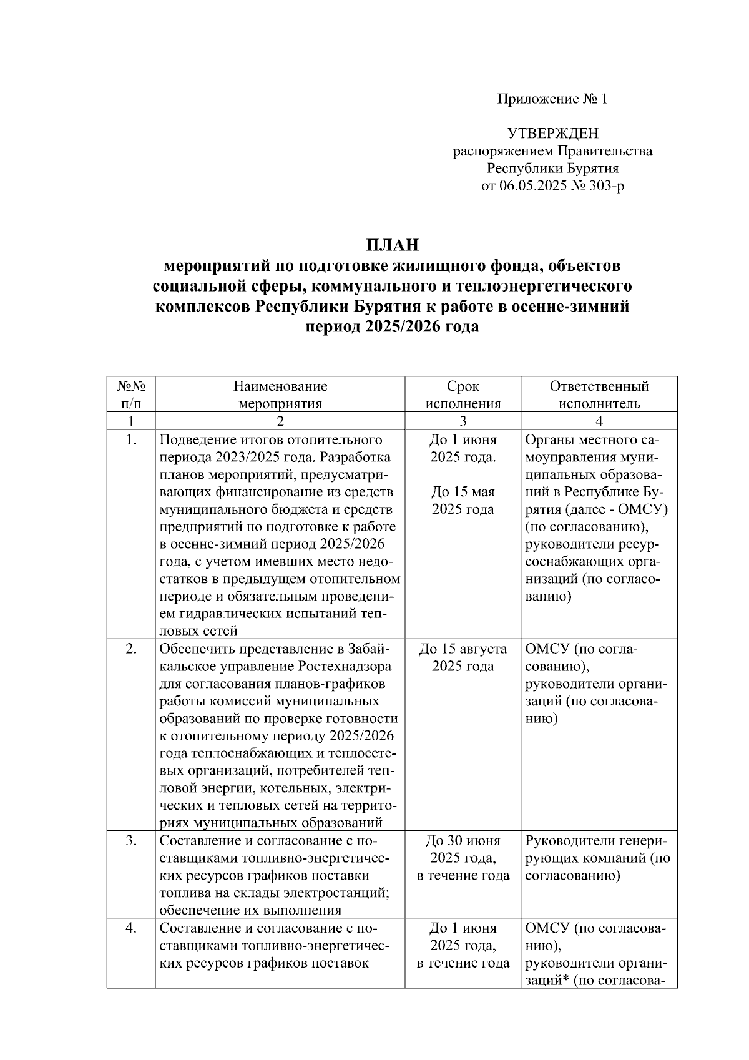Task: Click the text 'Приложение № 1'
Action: [552, 99]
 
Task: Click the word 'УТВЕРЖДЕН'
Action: [552, 134]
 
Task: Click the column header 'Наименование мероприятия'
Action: [280, 395]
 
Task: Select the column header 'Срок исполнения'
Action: [463, 395]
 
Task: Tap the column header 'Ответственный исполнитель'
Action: [599, 395]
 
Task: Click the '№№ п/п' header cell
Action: [131, 395]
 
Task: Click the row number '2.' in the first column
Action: [131, 649]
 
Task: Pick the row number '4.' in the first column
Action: [131, 928]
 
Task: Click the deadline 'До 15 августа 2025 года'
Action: [463, 657]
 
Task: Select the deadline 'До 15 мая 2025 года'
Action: [463, 501]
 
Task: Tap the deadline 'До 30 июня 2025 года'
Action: [463, 849]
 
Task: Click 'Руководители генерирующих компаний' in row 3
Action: [597, 849]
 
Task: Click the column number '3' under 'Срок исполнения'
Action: [463, 421]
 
